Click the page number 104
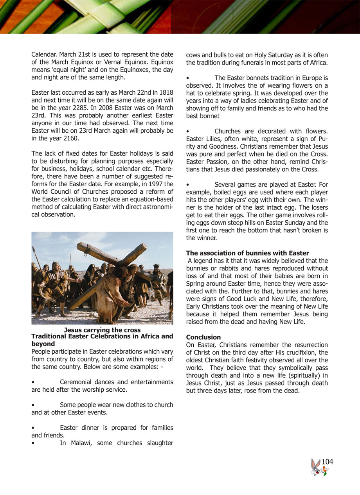327,462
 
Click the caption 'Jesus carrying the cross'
102,330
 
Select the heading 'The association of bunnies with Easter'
247,253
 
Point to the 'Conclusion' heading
203,337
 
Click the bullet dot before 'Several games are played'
188,185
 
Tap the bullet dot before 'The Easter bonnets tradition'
188,78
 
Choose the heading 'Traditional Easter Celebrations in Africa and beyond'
102,340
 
